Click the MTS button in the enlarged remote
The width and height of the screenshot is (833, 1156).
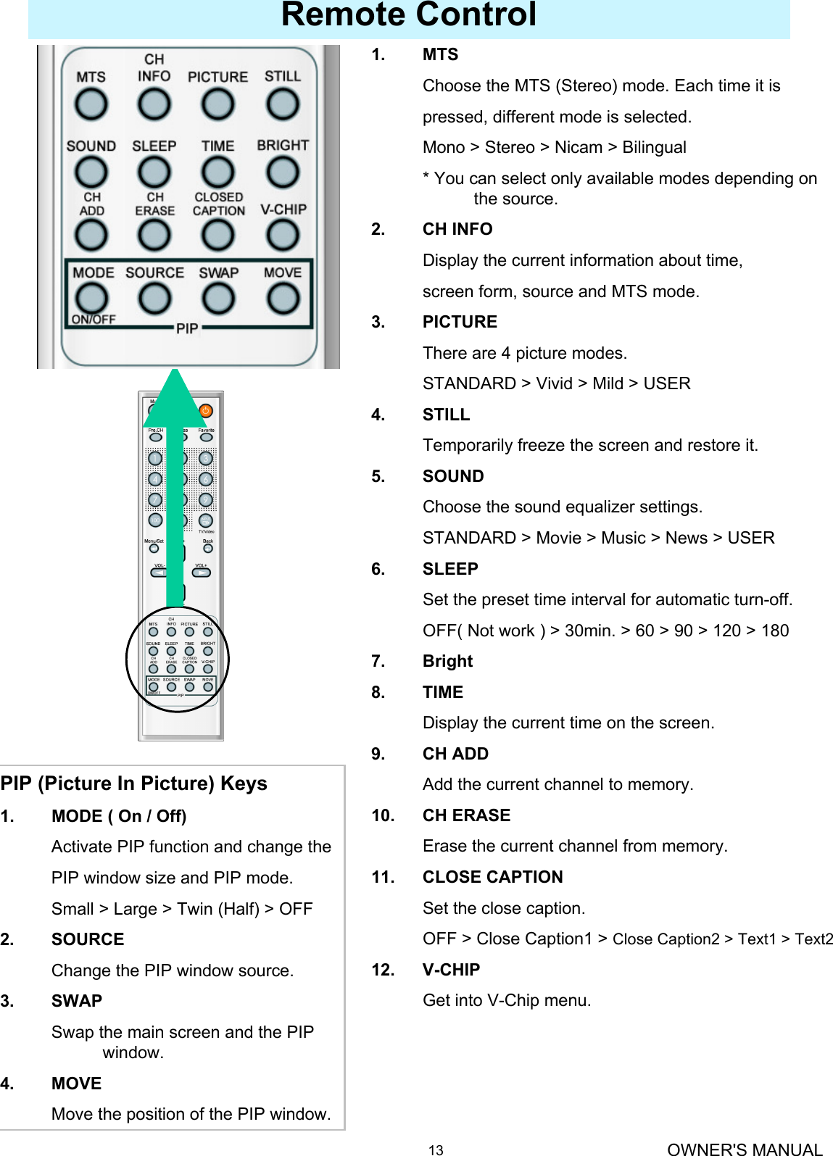click(91, 104)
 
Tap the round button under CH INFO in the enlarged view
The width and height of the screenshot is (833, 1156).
click(154, 104)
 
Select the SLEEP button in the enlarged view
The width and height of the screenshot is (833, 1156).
click(154, 172)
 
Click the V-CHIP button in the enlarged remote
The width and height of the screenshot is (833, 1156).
click(282, 235)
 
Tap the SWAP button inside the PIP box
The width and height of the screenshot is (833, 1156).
click(218, 298)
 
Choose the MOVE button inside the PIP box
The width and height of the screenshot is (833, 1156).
click(282, 298)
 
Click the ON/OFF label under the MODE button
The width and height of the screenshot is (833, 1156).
click(94, 320)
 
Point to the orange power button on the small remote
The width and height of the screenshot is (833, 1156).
click(206, 410)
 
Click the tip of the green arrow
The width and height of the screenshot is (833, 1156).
click(175, 372)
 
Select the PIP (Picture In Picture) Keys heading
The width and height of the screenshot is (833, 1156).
click(134, 783)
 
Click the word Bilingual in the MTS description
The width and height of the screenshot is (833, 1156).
click(654, 148)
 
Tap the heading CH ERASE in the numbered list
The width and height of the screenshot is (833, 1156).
click(466, 815)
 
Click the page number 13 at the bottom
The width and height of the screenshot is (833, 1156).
click(436, 1149)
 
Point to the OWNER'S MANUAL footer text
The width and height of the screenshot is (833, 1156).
click(745, 1149)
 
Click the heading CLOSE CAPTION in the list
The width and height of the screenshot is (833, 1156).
click(492, 877)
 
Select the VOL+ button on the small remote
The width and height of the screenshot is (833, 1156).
click(202, 573)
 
